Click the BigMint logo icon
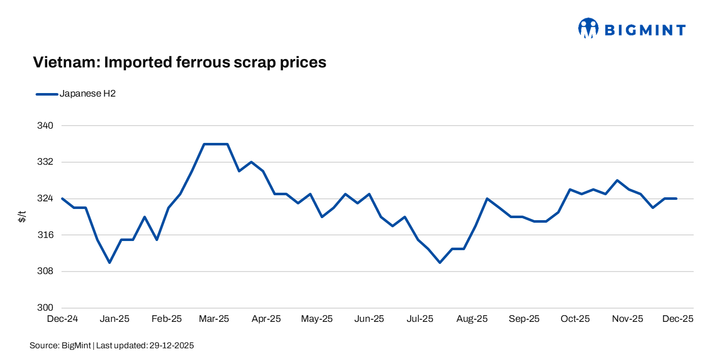pos(588,28)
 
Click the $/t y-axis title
pos(22,217)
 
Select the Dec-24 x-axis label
pos(62,319)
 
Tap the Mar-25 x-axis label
pos(214,319)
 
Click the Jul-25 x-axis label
pos(420,319)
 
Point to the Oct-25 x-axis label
pos(575,319)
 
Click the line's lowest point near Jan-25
pos(109,262)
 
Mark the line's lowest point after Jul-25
pos(440,262)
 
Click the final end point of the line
pos(676,198)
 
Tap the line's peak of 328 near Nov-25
pos(617,181)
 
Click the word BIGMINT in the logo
pos(645,30)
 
